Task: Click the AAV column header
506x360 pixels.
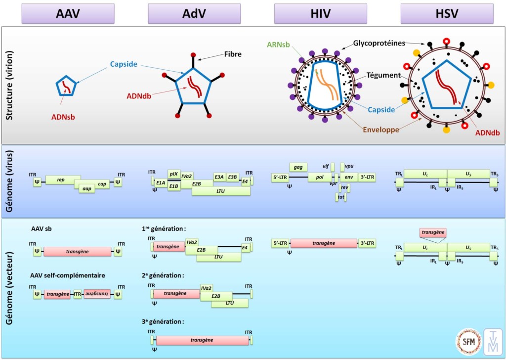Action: click(68, 13)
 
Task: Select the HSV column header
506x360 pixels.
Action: click(447, 13)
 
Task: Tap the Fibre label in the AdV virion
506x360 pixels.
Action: click(233, 54)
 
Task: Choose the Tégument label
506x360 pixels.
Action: click(383, 75)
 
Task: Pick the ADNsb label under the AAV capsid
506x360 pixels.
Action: click(63, 117)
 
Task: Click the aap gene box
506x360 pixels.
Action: click(87, 188)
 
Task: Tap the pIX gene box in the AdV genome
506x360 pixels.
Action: click(173, 174)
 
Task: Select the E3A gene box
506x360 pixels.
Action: click(219, 177)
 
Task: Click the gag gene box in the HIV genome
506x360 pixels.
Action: click(298, 168)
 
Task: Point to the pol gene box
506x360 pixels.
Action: click(320, 177)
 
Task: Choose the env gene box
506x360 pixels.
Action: click(348, 177)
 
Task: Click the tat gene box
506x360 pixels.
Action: click(341, 197)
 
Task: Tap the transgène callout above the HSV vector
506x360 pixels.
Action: click(433, 232)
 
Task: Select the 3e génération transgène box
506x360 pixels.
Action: click(202, 340)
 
